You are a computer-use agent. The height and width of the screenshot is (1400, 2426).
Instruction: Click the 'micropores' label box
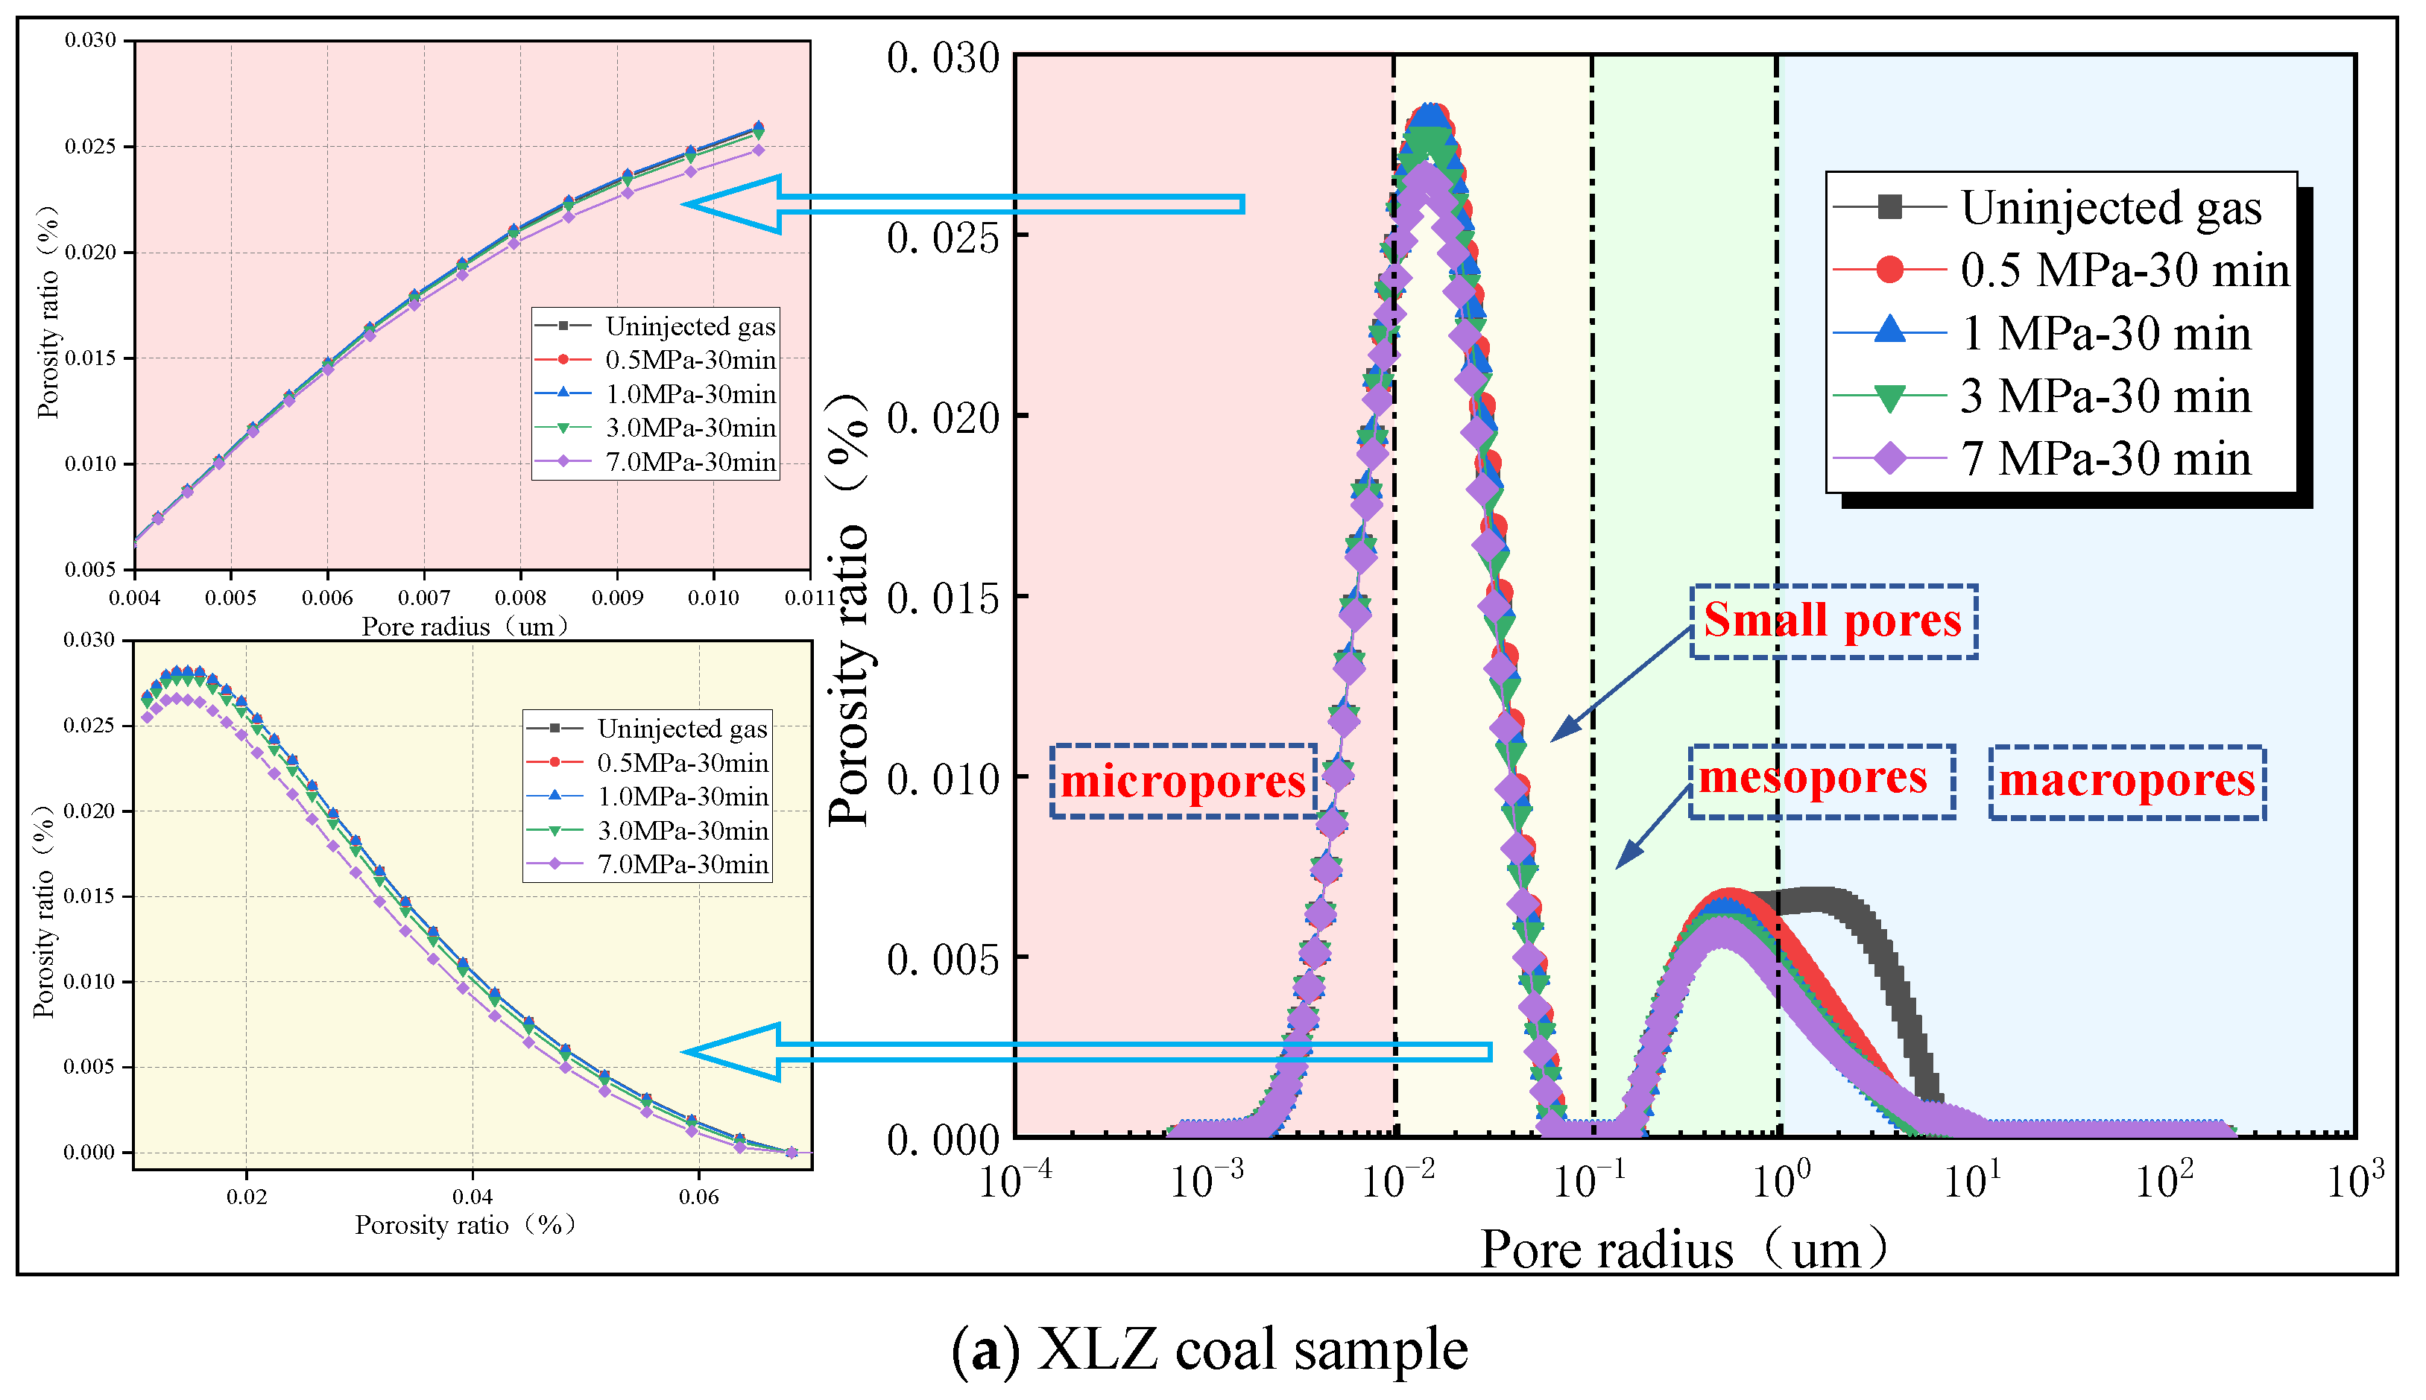tap(1183, 781)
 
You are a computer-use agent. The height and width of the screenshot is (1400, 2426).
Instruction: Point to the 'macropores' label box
tap(2127, 782)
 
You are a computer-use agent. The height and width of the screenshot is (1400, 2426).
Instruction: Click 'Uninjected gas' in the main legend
tap(2111, 208)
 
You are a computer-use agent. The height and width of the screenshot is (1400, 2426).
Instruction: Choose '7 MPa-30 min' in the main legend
tap(2106, 459)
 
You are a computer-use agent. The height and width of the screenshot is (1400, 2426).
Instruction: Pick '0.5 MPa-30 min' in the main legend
tap(2125, 270)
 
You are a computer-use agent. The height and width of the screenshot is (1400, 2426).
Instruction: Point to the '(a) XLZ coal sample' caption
tap(1210, 1348)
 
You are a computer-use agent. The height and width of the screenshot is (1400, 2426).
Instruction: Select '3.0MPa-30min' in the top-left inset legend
tap(690, 428)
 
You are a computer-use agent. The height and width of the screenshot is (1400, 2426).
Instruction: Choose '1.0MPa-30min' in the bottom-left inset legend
tap(683, 797)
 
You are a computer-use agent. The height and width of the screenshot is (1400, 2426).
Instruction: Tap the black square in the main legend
tap(1889, 208)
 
